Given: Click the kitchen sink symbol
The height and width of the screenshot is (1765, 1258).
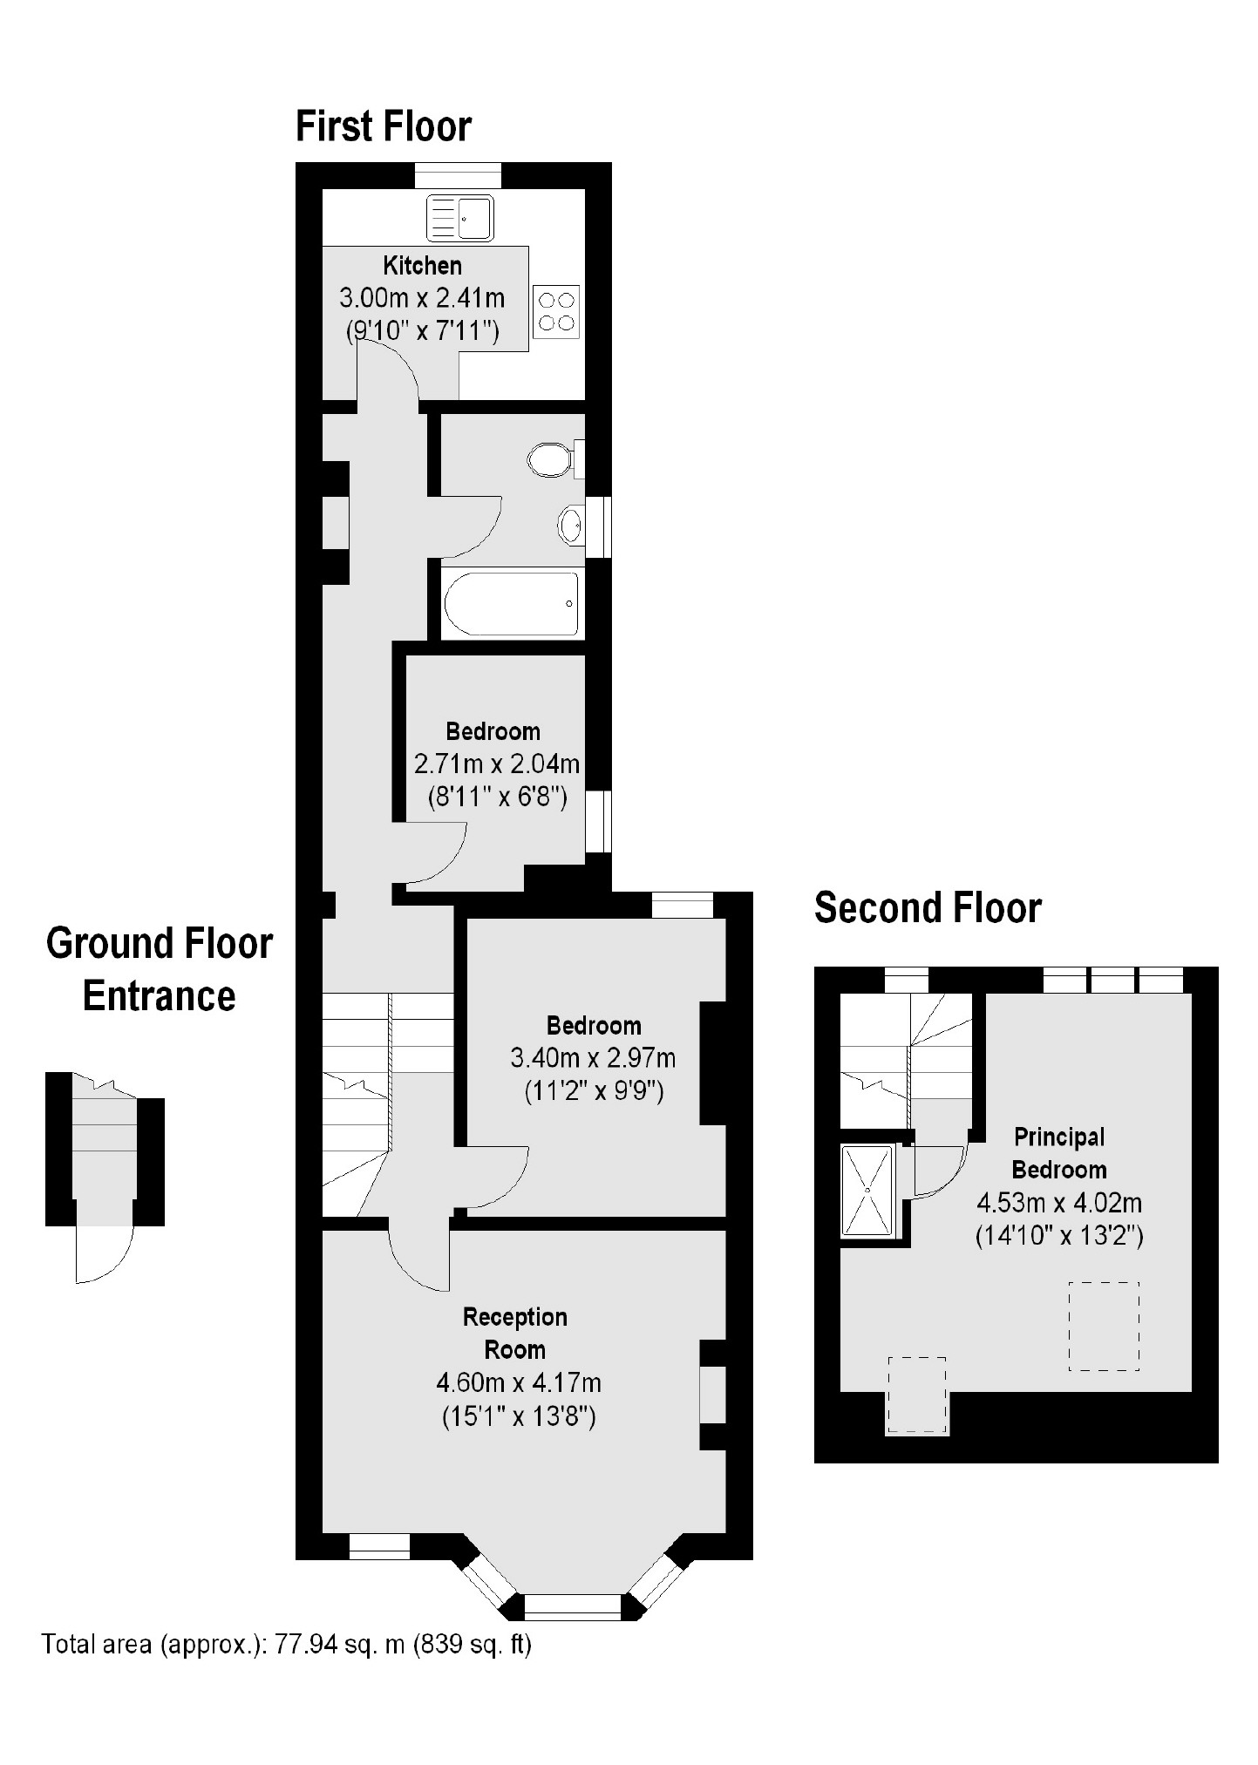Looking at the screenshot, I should (x=459, y=218).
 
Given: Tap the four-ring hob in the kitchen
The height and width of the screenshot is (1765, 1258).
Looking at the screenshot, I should (x=556, y=311).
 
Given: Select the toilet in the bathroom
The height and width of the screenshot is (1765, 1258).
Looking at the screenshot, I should (x=549, y=458).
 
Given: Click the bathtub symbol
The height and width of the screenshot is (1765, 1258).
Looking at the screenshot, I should (x=512, y=603).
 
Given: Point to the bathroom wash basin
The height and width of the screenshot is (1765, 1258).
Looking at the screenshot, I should (x=572, y=525).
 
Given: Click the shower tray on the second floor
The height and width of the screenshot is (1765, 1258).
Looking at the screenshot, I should (x=867, y=1191).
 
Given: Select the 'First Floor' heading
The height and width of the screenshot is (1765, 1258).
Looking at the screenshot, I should (x=384, y=126).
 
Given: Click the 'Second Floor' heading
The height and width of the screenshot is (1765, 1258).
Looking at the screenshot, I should (x=928, y=908).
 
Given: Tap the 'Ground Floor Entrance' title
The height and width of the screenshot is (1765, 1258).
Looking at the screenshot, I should (x=160, y=969).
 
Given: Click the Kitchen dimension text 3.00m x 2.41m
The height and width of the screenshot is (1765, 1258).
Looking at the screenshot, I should (x=422, y=298).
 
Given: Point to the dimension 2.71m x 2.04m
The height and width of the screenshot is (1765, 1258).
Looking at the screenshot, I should (x=497, y=764).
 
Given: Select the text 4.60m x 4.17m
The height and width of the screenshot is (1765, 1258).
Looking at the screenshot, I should (x=519, y=1382).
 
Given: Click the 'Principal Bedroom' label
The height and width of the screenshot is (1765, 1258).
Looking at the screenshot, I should (x=1059, y=1153).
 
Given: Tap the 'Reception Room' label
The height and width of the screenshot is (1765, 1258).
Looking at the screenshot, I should (x=515, y=1333).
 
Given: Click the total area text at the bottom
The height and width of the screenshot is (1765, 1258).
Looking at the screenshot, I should (x=287, y=1645).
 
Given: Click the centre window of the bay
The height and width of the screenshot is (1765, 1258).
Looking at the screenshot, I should (x=573, y=1606).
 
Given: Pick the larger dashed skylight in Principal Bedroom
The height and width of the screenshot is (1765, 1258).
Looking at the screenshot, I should (x=1104, y=1326).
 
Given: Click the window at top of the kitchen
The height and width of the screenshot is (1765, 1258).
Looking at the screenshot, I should (x=459, y=175).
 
